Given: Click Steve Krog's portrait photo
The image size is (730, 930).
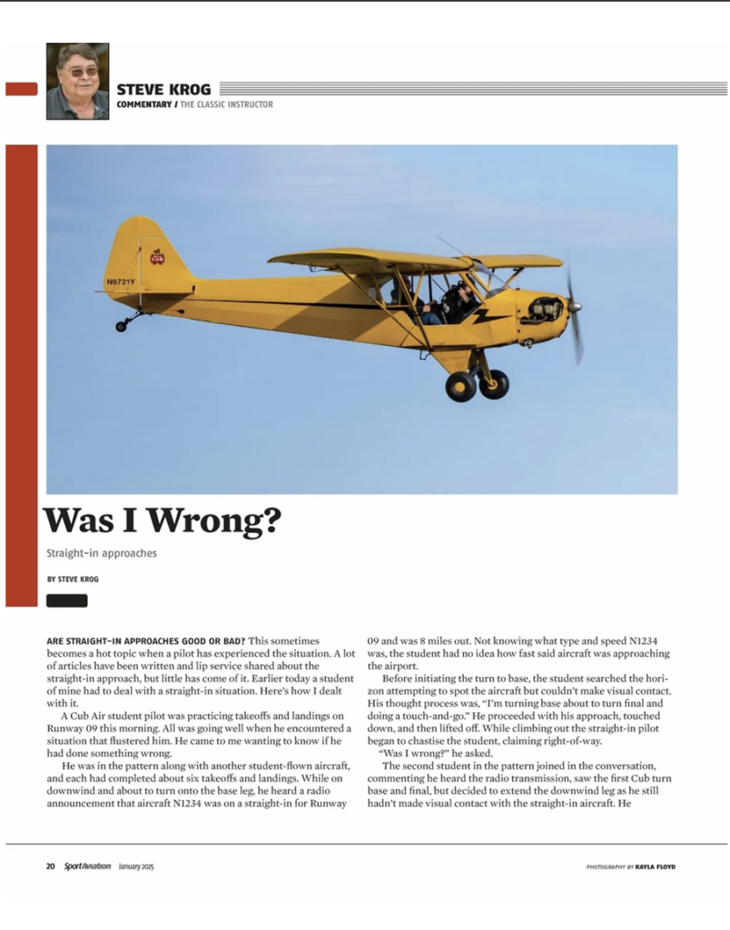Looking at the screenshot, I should point(77,81).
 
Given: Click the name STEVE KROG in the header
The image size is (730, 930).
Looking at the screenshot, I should point(163,89).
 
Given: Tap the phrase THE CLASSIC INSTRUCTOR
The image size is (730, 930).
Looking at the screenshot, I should point(225,104).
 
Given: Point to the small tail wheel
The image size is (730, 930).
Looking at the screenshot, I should point(122,326).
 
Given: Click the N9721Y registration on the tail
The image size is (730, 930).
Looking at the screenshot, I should point(121,282).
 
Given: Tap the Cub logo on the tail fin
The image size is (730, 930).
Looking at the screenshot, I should point(157,257).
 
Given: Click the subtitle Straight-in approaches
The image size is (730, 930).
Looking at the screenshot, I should point(101,552).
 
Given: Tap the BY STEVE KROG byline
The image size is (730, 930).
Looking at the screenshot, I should point(73,579).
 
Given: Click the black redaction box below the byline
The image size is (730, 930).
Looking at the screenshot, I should point(67,600).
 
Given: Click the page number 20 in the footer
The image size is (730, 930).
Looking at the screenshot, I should point(51,866).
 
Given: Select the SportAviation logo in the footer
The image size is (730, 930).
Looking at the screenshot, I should point(87,866).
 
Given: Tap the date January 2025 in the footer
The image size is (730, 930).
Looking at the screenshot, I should point(136,866).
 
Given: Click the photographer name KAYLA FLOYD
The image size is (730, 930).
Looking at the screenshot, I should point(655,866).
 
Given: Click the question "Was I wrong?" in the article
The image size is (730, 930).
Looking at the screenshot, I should point(415,753).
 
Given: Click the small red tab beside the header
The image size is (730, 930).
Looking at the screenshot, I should point(21,89).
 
